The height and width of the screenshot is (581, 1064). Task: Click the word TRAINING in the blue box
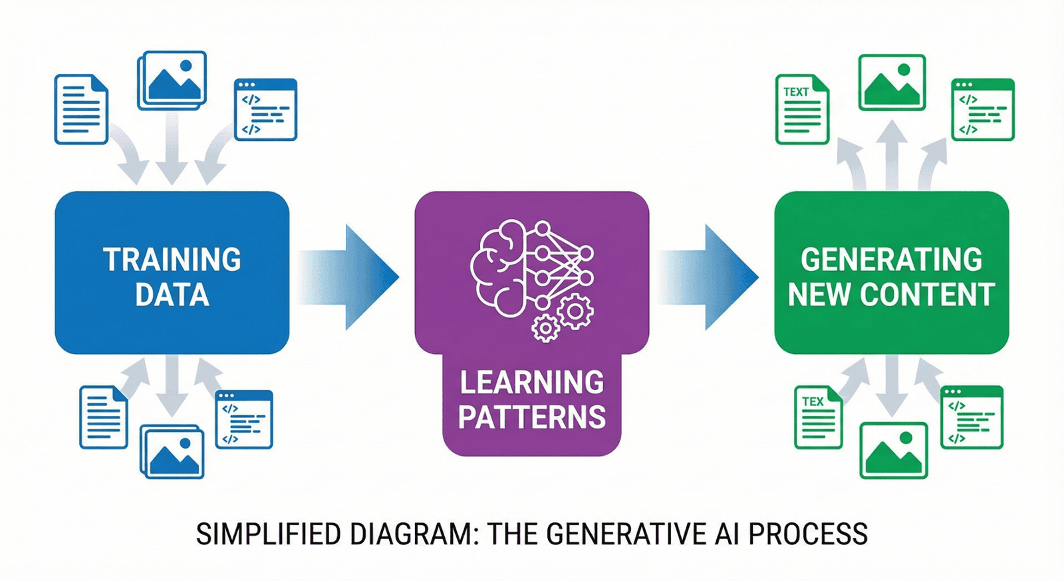[172, 260]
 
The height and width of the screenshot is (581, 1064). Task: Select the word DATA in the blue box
[172, 295]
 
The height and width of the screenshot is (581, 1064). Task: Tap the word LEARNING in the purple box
[532, 383]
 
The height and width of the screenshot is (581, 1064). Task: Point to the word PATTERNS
[532, 417]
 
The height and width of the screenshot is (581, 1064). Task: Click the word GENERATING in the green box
[891, 260]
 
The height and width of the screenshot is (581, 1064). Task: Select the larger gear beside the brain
[575, 310]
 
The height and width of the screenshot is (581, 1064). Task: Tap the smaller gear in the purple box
[546, 328]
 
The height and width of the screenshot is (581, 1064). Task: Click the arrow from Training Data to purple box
[349, 277]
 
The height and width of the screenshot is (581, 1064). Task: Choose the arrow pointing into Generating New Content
[709, 277]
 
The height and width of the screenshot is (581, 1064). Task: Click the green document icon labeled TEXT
[802, 109]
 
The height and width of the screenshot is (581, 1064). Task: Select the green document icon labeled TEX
[818, 417]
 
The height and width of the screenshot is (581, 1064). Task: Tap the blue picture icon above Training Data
[172, 80]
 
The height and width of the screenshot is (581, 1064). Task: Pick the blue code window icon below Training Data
[244, 419]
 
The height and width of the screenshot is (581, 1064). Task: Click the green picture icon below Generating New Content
[893, 450]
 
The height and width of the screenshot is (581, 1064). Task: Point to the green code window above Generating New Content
[982, 109]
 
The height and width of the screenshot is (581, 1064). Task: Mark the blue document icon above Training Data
[81, 109]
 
